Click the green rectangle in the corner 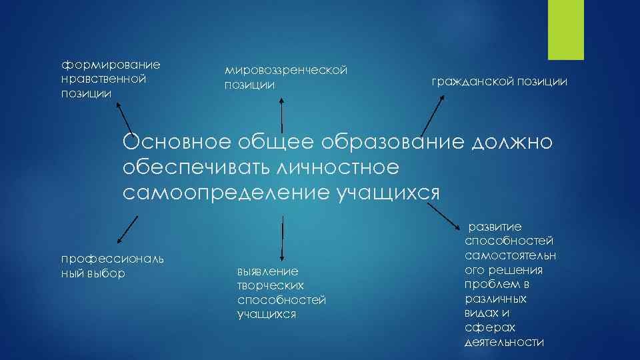point(565,29)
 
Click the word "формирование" point(111,65)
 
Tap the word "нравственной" point(103,79)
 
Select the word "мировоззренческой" point(287,70)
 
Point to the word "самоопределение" point(226,193)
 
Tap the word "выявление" point(267,271)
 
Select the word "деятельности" point(504,342)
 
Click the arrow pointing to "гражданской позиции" point(431,117)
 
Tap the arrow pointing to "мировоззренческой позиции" point(282,113)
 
